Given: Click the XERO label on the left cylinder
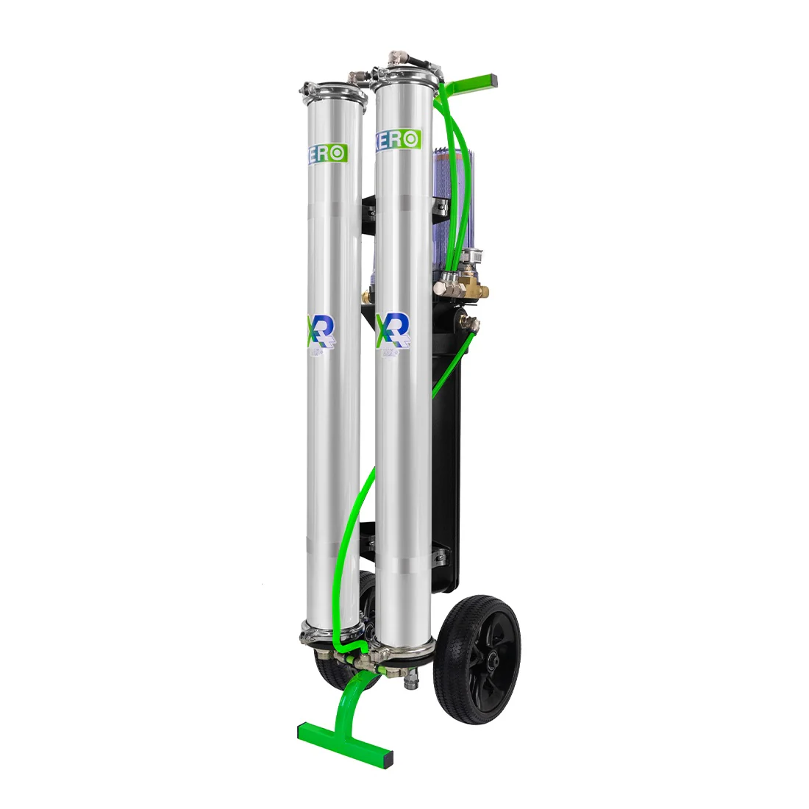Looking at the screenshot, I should tap(328, 154).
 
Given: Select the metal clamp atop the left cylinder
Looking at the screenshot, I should tap(332, 94).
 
